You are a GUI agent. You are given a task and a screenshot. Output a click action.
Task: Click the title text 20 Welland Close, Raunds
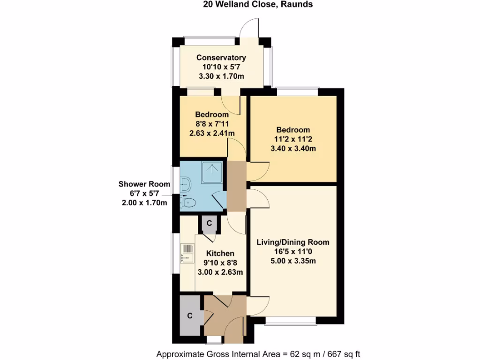[x=257, y=5]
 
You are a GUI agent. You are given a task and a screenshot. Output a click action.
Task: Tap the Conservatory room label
[x=221, y=58]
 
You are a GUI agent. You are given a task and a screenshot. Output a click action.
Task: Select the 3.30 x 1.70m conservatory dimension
[x=221, y=76]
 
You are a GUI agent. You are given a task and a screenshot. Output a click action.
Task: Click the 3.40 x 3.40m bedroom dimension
[x=293, y=149]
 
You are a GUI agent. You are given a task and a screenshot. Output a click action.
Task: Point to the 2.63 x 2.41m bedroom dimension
[x=212, y=133]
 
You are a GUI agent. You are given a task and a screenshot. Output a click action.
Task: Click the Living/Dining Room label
[x=292, y=242]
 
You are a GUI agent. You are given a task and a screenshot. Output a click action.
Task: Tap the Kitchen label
[x=220, y=254]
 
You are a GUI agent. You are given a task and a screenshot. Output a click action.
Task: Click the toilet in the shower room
[x=188, y=202]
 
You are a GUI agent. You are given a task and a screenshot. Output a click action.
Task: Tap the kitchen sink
[x=187, y=253]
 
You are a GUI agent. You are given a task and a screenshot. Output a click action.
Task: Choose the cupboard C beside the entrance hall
[x=190, y=316]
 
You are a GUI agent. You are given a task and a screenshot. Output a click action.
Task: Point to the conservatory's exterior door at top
[x=249, y=29]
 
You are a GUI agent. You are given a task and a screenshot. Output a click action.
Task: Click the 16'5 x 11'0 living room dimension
[x=292, y=252]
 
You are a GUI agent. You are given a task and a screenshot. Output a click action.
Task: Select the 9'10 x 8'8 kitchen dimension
[x=220, y=263]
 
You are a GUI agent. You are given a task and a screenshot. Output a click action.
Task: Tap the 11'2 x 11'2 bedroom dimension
[x=293, y=139]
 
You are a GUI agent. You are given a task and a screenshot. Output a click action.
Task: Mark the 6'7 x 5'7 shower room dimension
[x=143, y=194]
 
